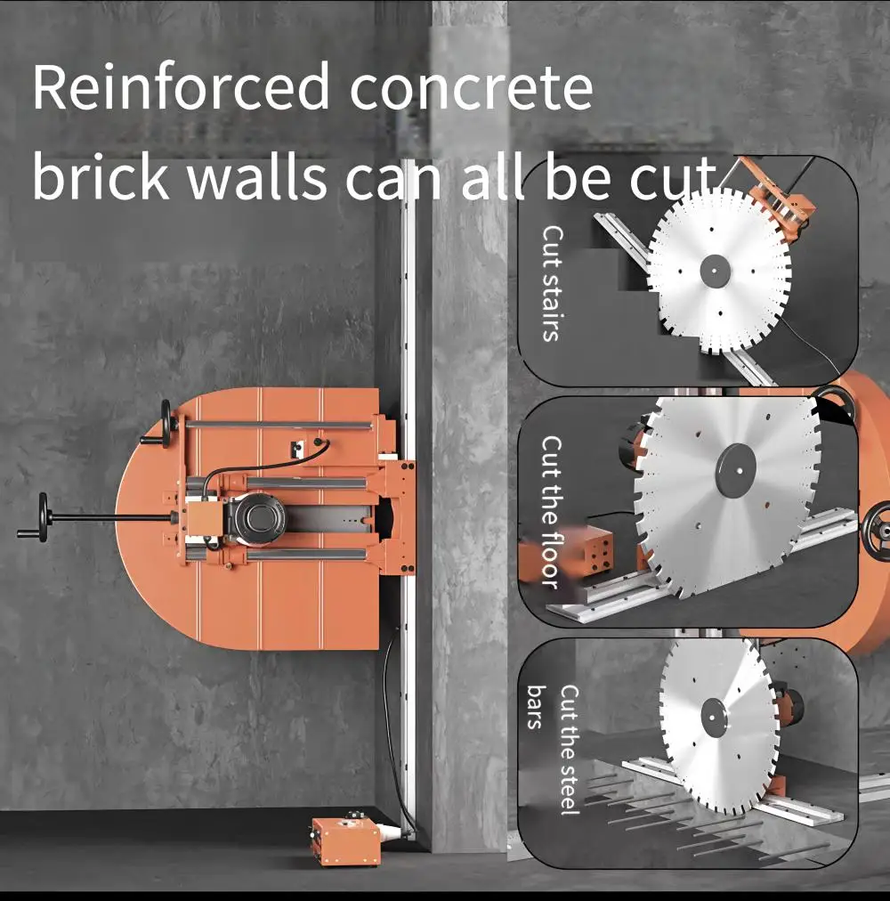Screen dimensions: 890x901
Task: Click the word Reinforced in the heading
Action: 180,86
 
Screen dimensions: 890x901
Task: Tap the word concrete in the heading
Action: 471,88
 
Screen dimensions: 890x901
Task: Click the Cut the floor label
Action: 551,512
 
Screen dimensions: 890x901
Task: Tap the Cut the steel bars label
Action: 553,749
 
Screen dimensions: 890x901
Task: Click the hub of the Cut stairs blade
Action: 715,270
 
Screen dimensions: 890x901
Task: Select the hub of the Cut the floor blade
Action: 735,471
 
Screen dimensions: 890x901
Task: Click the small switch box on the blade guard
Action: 297,449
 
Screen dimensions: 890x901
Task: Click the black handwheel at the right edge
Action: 877,527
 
